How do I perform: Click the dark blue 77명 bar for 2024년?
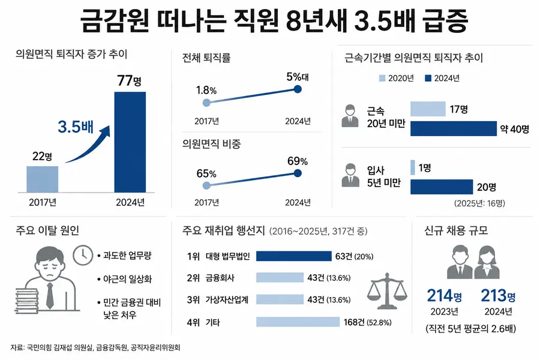click(x=130, y=142)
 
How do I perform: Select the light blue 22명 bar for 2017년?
click(x=43, y=179)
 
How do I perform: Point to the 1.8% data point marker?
click(x=206, y=103)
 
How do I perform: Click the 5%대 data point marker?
click(x=298, y=89)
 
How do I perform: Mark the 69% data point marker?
click(x=298, y=173)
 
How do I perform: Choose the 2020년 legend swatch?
click(x=382, y=78)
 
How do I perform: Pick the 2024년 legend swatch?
click(x=428, y=78)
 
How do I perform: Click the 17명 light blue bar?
click(x=428, y=109)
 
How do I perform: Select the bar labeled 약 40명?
click(x=454, y=128)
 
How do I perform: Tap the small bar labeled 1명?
click(x=413, y=167)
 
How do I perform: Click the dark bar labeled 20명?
click(x=442, y=187)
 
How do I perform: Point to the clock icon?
click(x=83, y=255)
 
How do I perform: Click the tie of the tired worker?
click(x=50, y=296)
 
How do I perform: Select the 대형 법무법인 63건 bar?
click(x=294, y=256)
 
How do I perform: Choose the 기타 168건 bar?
click(x=298, y=322)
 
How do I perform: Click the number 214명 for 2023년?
click(x=444, y=296)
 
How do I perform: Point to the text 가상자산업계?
click(x=227, y=300)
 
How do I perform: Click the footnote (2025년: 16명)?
click(x=479, y=203)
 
